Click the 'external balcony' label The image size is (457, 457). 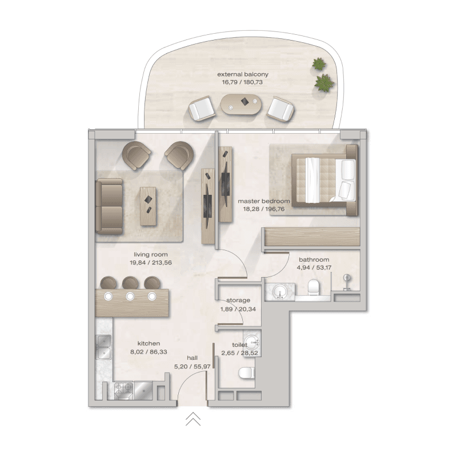pos(243,74)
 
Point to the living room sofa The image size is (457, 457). pos(109,206)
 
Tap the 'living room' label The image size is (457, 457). pos(151,255)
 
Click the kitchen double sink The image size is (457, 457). pos(103,344)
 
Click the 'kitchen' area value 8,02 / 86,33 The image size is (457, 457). pos(148,352)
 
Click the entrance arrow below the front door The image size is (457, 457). pos(193,419)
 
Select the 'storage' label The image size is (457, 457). pos(239,300)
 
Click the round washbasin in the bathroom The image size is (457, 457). pos(279,291)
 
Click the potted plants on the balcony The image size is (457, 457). pos(322,75)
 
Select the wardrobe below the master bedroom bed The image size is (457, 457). pos(312,238)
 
